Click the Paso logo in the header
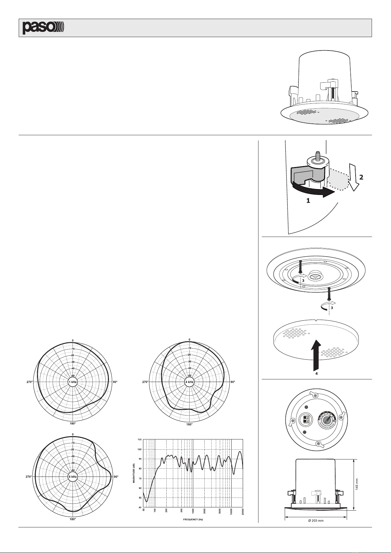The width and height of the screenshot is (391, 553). pyautogui.click(x=43, y=28)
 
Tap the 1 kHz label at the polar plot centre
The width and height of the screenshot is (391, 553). pyautogui.click(x=73, y=382)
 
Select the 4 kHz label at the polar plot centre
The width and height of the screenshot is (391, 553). pyautogui.click(x=189, y=382)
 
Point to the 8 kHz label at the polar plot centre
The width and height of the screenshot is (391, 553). pyautogui.click(x=72, y=477)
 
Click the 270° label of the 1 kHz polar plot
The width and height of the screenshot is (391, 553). pyautogui.click(x=30, y=382)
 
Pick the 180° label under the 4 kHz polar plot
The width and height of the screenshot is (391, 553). pyautogui.click(x=190, y=425)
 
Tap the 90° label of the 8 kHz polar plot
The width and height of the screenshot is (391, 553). pyautogui.click(x=116, y=477)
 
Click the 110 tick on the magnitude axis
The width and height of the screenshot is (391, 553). pyautogui.click(x=140, y=440)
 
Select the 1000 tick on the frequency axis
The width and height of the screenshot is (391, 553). pyautogui.click(x=193, y=511)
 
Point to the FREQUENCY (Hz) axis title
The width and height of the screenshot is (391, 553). pyautogui.click(x=193, y=520)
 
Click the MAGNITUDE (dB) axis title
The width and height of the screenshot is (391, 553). pyautogui.click(x=134, y=473)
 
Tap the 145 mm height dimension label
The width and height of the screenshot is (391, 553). pyautogui.click(x=357, y=484)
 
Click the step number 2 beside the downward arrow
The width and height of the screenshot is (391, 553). pyautogui.click(x=361, y=177)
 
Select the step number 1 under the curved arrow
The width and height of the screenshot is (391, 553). pyautogui.click(x=308, y=201)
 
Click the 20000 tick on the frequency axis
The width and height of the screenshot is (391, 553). pyautogui.click(x=243, y=511)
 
